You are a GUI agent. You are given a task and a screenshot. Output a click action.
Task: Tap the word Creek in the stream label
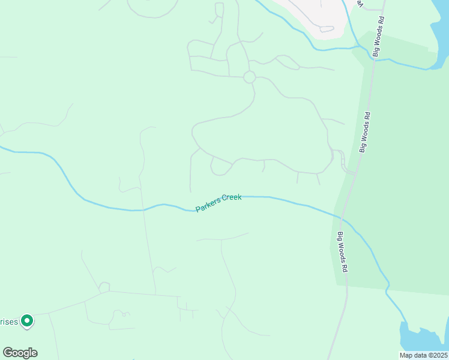click(232, 197)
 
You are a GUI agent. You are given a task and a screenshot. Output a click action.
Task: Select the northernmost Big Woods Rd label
click(378, 37)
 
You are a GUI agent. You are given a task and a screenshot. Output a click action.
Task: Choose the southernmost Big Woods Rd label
click(342, 253)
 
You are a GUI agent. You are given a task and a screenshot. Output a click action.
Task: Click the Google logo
click(20, 353)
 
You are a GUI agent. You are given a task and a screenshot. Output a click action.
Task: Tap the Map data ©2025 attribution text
click(423, 355)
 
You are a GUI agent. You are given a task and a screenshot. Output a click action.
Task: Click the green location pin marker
click(27, 321)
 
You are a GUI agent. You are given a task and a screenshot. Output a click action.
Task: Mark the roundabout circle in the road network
click(250, 77)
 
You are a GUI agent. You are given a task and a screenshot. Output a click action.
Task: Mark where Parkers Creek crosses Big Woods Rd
click(340, 217)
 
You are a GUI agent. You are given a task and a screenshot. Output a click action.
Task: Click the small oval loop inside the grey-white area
click(327, 28)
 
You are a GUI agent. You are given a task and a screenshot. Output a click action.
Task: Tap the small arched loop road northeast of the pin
click(104, 286)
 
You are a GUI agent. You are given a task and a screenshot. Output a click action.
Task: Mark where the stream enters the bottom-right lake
click(403, 323)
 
